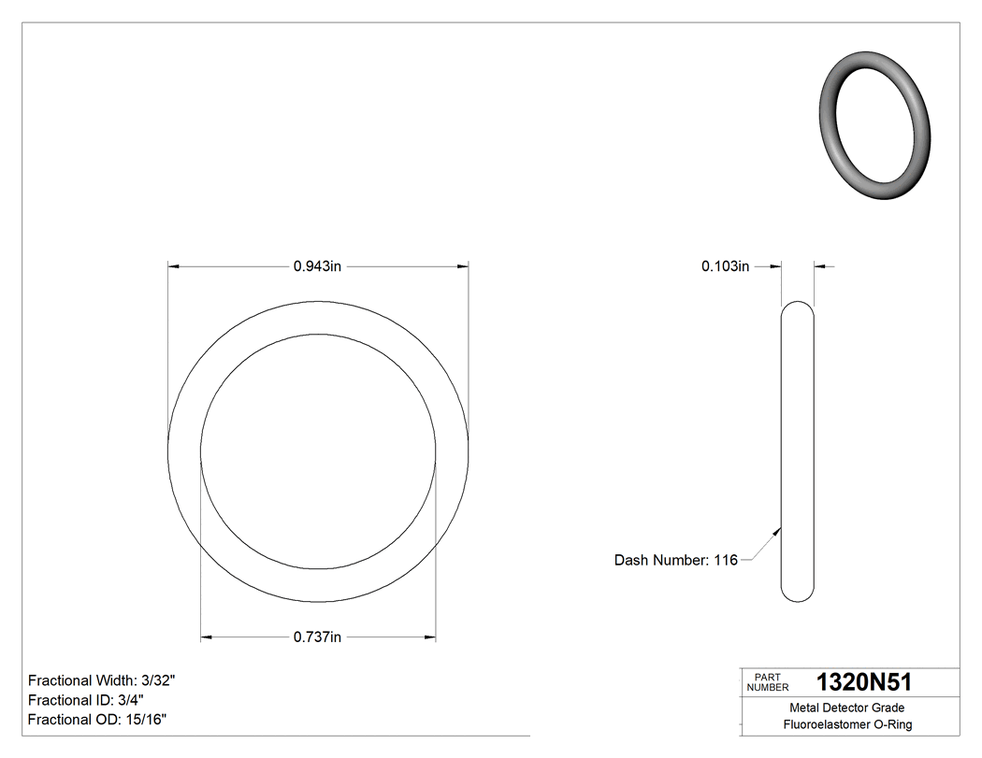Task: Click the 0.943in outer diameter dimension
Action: tap(318, 266)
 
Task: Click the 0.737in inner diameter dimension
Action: tap(318, 637)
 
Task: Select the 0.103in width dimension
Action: tap(726, 266)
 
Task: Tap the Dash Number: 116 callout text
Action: tap(675, 560)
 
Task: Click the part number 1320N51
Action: tap(863, 681)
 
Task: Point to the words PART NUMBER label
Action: tap(768, 682)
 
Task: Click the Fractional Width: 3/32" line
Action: tap(102, 680)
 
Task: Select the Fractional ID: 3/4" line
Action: tap(86, 700)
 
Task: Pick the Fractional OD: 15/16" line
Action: tap(97, 719)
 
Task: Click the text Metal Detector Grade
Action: tap(847, 708)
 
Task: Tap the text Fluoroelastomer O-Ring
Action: tap(847, 724)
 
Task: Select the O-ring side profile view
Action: tap(797, 451)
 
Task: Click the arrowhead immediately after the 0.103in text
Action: tap(774, 266)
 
